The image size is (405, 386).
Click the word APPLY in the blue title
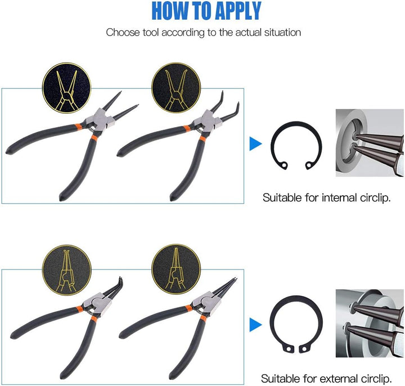point(238,11)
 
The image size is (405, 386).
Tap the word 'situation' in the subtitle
point(282,33)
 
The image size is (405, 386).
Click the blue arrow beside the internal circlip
point(255,144)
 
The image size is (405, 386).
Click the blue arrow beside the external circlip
point(255,325)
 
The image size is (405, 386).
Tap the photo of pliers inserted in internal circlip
point(370,142)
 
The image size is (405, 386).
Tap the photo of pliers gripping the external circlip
point(370,323)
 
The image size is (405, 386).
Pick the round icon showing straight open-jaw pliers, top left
point(66,88)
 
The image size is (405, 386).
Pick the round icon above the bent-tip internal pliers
point(176,88)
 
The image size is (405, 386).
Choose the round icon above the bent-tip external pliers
point(66,270)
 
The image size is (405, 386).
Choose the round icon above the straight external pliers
point(176,269)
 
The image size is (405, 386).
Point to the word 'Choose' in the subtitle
point(123,33)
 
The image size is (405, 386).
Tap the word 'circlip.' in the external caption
point(376,379)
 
